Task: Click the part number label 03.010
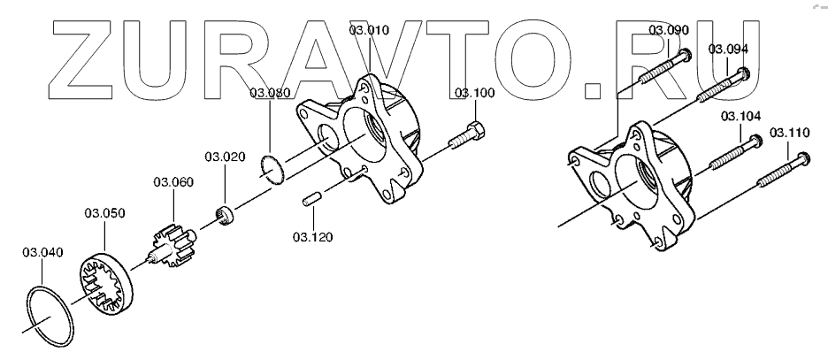369,30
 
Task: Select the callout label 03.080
270,93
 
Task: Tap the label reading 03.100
475,93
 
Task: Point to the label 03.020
225,157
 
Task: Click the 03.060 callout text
173,182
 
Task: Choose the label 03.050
104,212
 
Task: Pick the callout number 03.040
42,253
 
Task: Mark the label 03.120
314,237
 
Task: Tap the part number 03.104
740,116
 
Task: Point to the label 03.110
789,133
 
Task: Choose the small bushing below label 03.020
227,213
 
